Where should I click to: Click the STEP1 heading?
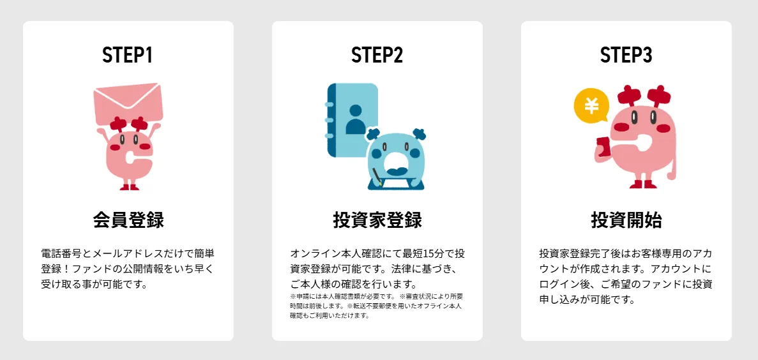(x=128, y=55)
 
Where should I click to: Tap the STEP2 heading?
(x=377, y=55)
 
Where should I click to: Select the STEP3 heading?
(x=626, y=55)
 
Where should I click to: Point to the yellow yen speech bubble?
(x=591, y=106)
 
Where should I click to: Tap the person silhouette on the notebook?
(x=356, y=119)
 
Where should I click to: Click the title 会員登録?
(x=128, y=220)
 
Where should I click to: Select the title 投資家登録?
(x=377, y=220)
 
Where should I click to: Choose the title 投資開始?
(x=626, y=220)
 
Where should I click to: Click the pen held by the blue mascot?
(x=376, y=177)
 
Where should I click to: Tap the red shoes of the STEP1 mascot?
(x=129, y=186)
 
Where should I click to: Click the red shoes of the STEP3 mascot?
(x=642, y=184)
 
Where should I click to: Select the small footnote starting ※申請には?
(x=377, y=306)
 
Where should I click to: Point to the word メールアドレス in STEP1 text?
(x=123, y=253)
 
